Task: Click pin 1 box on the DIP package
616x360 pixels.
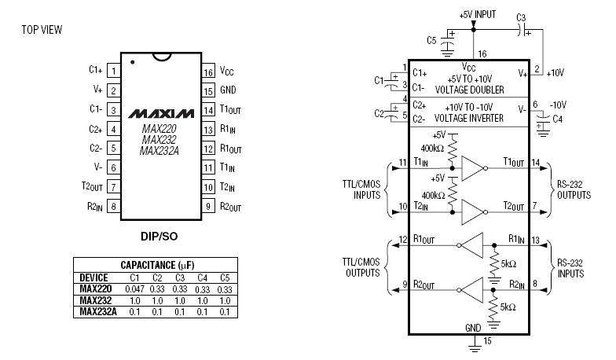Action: click(113, 71)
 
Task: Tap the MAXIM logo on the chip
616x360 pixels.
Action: click(161, 113)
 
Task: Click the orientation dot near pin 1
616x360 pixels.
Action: click(132, 62)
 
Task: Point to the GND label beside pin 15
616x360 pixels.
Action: click(228, 90)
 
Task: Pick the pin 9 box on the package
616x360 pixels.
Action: click(208, 206)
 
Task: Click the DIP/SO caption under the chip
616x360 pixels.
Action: click(159, 236)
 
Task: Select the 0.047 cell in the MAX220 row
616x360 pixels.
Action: click(135, 289)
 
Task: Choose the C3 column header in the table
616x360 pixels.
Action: click(179, 278)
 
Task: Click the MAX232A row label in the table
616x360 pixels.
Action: click(98, 311)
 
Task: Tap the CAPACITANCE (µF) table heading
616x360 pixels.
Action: click(157, 265)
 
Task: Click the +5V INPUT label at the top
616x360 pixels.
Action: click(478, 15)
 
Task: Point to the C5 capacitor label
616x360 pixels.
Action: click(431, 40)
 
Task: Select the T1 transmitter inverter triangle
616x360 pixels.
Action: click(473, 168)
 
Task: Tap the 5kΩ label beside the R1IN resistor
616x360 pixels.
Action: click(508, 264)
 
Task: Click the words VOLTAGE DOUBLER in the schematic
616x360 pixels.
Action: click(470, 90)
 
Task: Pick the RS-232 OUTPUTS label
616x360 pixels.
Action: click(574, 190)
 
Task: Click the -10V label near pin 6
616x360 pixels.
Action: click(558, 105)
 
